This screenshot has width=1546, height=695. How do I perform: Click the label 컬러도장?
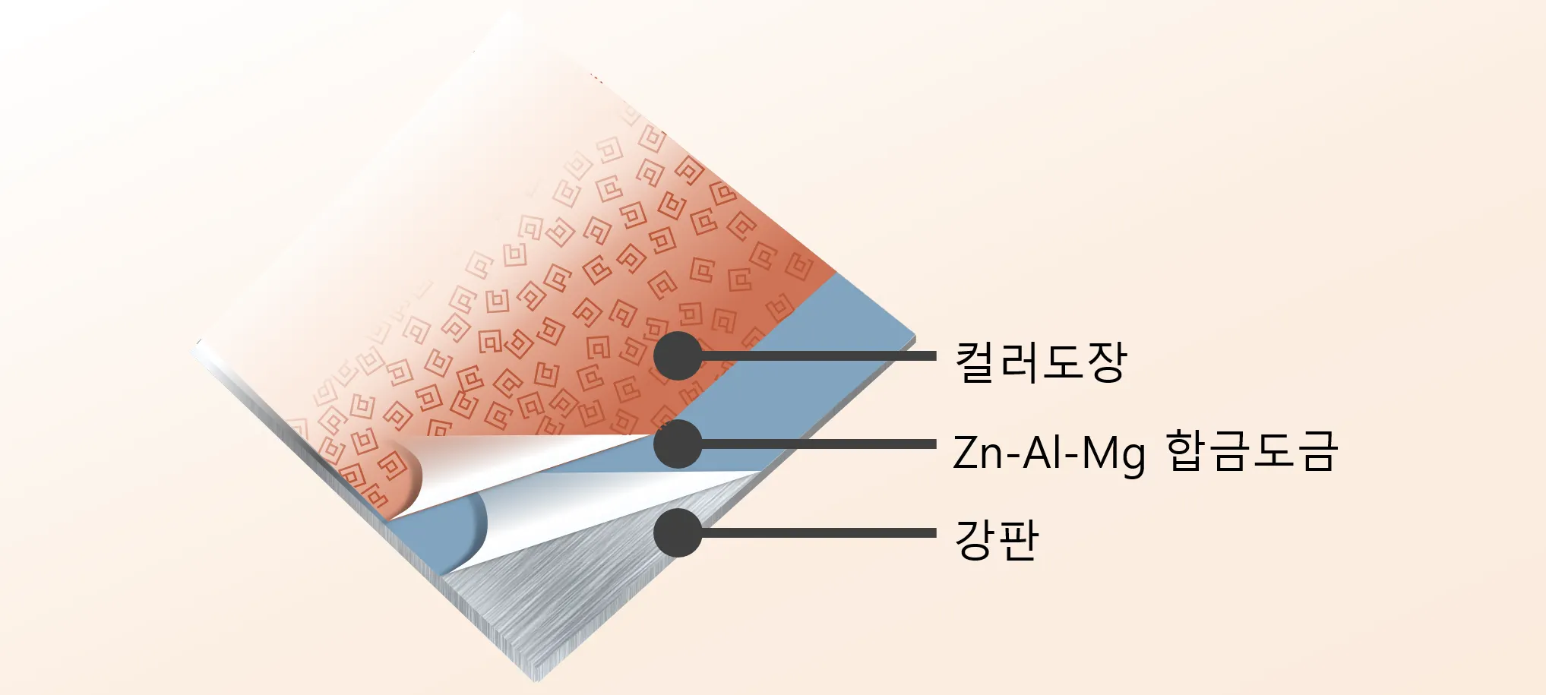click(x=1040, y=362)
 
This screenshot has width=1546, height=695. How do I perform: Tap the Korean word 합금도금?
click(x=1250, y=451)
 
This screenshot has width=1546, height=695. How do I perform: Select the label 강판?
click(x=996, y=539)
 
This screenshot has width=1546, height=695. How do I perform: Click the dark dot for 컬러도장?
click(x=678, y=355)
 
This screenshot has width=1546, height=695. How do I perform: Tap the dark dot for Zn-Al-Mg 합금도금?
click(x=678, y=444)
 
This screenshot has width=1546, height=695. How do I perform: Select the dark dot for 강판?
click(x=678, y=532)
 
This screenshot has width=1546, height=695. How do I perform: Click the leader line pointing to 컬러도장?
click(x=820, y=355)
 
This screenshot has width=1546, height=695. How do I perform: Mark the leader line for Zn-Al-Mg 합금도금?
click(x=820, y=444)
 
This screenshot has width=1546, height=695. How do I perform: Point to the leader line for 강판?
click(x=820, y=532)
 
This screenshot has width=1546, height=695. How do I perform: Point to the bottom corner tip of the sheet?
click(x=536, y=678)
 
